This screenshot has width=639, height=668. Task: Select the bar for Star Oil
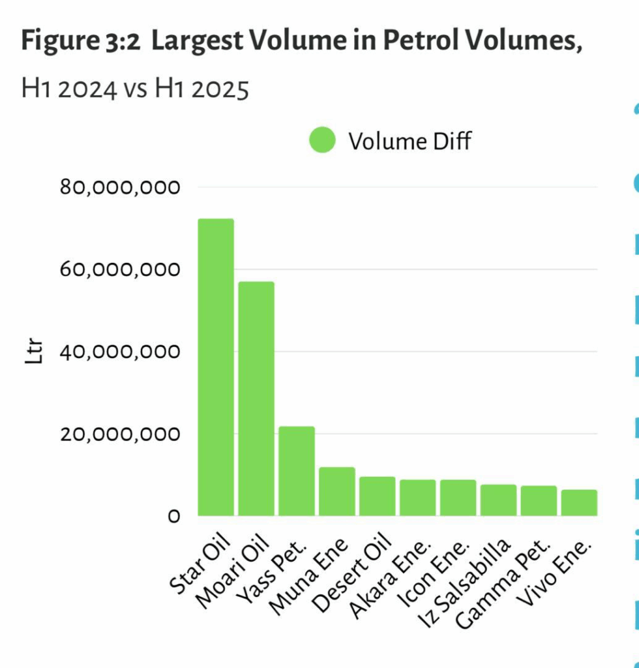216,367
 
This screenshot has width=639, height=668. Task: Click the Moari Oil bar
256,398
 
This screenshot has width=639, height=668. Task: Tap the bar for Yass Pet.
297,470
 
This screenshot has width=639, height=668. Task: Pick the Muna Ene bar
337,491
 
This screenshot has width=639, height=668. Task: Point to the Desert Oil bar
378,496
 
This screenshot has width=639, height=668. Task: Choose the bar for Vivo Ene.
580,502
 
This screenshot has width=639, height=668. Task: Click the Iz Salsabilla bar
499,500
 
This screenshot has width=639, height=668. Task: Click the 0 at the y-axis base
173,517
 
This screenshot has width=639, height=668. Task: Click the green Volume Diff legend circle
322,140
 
